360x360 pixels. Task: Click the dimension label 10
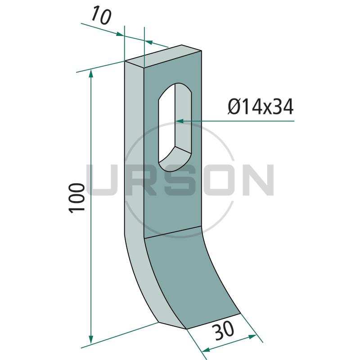click(x=101, y=16)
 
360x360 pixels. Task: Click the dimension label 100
click(x=77, y=198)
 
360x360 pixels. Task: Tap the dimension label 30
click(x=223, y=331)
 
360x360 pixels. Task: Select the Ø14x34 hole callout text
click(x=261, y=107)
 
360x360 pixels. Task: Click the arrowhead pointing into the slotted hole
click(x=180, y=121)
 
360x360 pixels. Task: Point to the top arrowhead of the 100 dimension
click(x=91, y=74)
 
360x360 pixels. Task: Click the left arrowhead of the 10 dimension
click(x=120, y=34)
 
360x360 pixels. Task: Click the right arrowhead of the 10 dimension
click(x=148, y=42)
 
